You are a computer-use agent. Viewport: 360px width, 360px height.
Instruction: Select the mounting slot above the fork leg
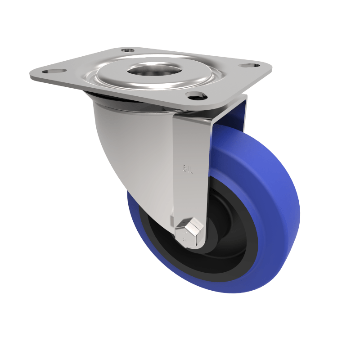195,95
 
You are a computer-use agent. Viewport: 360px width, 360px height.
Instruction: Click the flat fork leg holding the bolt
191,180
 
